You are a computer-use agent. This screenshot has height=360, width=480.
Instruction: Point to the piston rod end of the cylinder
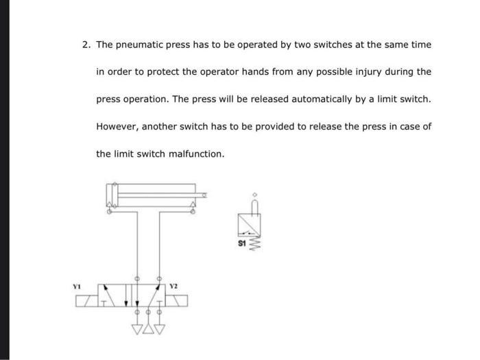204,195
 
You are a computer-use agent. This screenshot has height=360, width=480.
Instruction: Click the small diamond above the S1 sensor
254,193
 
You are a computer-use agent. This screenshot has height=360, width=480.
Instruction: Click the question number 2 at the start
86,45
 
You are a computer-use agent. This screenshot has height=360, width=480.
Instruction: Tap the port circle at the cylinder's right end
193,211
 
